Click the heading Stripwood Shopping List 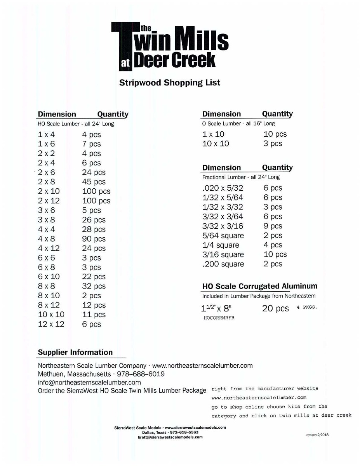(x=170, y=83)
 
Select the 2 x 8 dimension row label (x=47, y=182)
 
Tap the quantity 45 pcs (x=94, y=182)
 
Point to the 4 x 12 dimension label (x=49, y=248)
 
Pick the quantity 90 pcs (x=94, y=239)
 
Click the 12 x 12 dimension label (x=51, y=324)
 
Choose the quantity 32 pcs (x=94, y=286)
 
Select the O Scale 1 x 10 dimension (x=213, y=134)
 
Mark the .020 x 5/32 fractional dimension (x=223, y=188)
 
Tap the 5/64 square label (x=223, y=236)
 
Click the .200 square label (x=223, y=264)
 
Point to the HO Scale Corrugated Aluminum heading (x=259, y=286)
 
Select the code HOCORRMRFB (x=219, y=318)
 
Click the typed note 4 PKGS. (x=307, y=307)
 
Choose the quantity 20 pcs (x=275, y=309)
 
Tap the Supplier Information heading (x=75, y=353)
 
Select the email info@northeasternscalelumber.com (x=89, y=383)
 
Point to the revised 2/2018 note (x=317, y=435)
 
